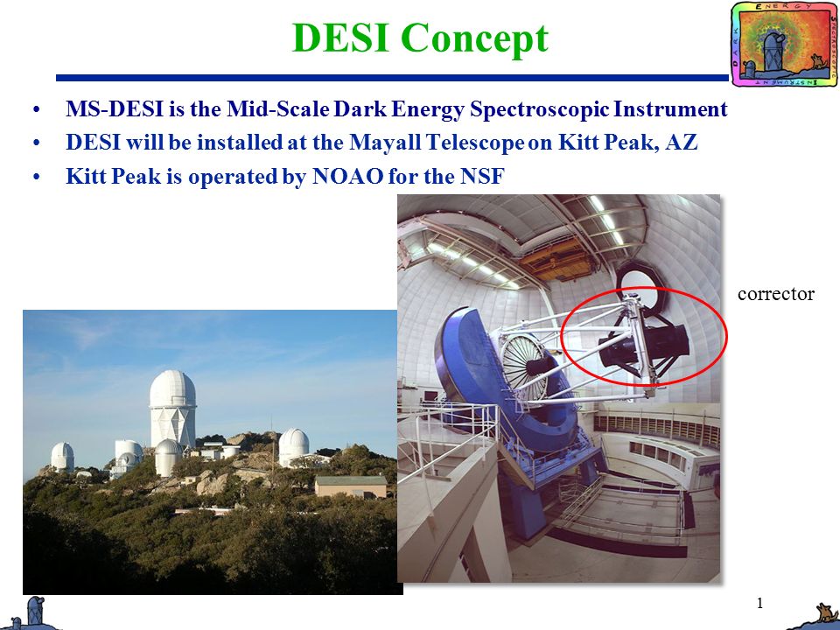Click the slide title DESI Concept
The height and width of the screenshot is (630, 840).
[x=419, y=38]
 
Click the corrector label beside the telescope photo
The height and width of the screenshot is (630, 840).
[x=775, y=294]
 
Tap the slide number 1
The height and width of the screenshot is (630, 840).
[x=759, y=603]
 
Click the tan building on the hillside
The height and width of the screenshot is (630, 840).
[x=350, y=486]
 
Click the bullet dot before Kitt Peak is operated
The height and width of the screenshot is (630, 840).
[x=36, y=177]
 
